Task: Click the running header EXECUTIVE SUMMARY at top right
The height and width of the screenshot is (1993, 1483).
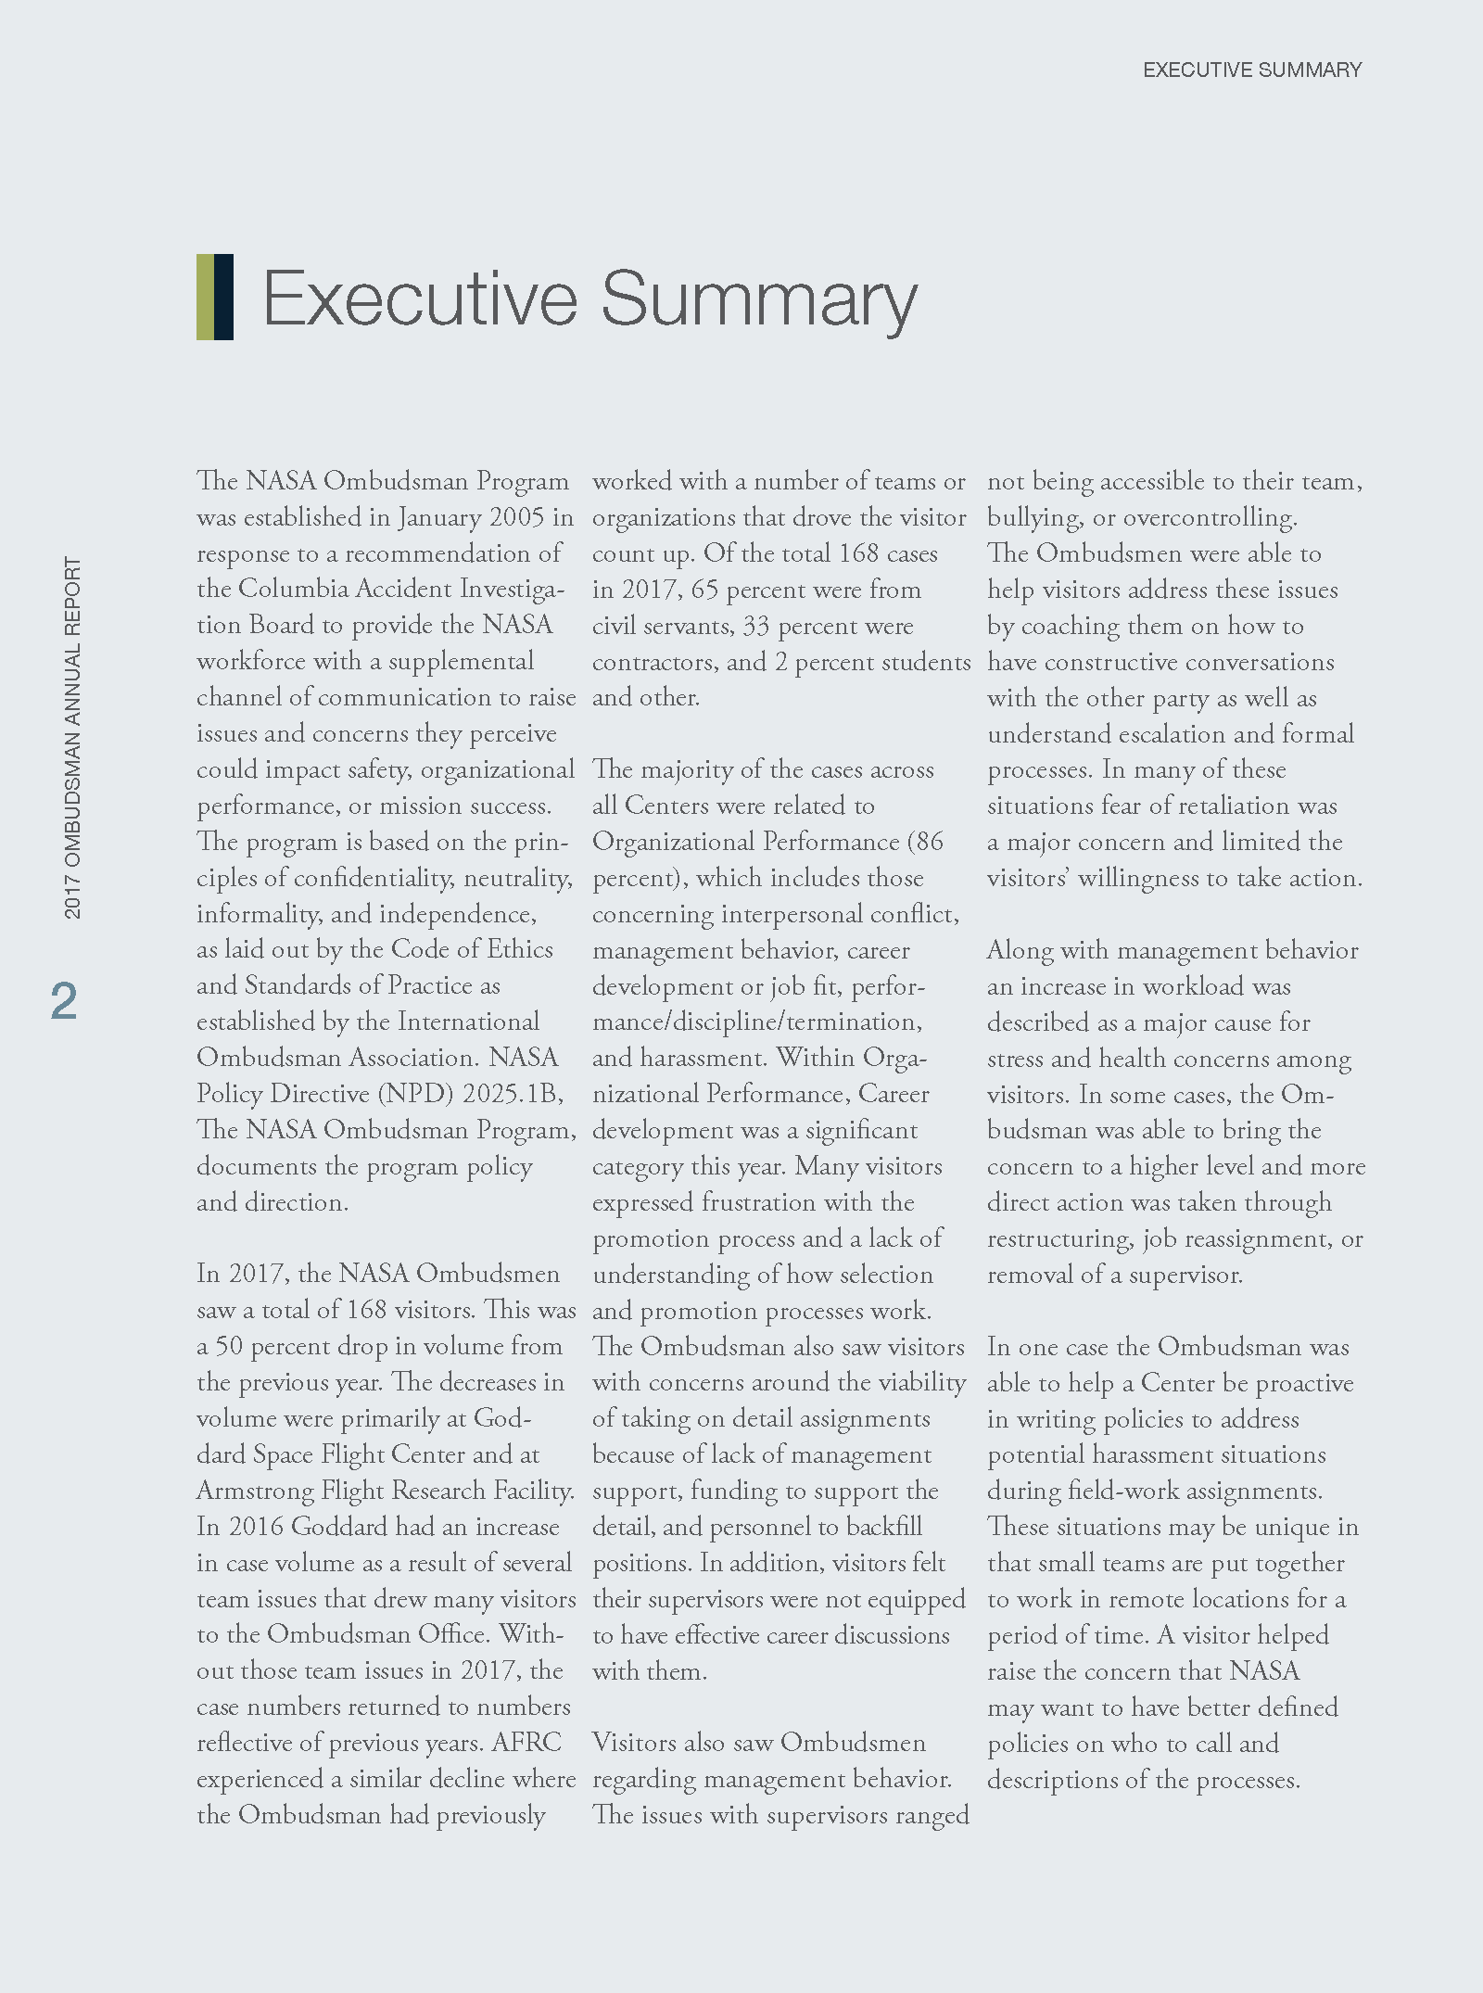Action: (x=1251, y=70)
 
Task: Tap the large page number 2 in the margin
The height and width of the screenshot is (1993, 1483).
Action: (x=64, y=1001)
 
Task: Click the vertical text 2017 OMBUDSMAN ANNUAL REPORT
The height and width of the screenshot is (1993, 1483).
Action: (x=72, y=738)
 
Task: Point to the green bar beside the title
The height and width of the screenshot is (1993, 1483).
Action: (x=205, y=297)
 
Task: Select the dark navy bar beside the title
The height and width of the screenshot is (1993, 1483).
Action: (x=223, y=297)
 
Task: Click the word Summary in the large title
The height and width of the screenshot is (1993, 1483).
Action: (x=759, y=300)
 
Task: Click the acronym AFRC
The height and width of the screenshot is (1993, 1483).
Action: (x=526, y=1743)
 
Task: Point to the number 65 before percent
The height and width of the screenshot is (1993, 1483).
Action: (x=704, y=590)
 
